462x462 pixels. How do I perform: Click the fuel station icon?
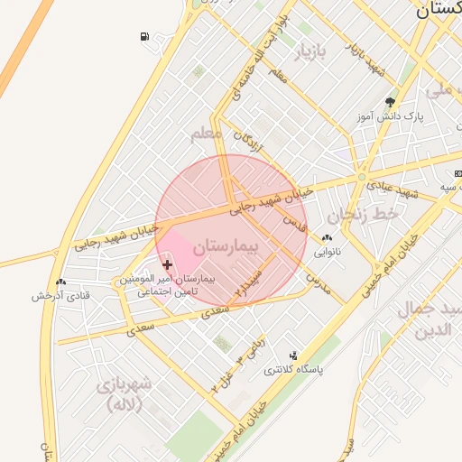(x=145, y=37)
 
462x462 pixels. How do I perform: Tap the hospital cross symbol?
(x=168, y=264)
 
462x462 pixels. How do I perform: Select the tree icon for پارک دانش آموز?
(x=390, y=102)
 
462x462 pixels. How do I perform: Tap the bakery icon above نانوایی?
(x=327, y=238)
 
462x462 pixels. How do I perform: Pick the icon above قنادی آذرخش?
(x=60, y=282)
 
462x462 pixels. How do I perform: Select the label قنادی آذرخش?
(x=61, y=296)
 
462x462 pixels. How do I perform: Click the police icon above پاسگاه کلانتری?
(x=292, y=356)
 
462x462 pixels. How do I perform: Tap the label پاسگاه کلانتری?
(x=293, y=370)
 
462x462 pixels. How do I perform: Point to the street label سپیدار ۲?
(x=248, y=281)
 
